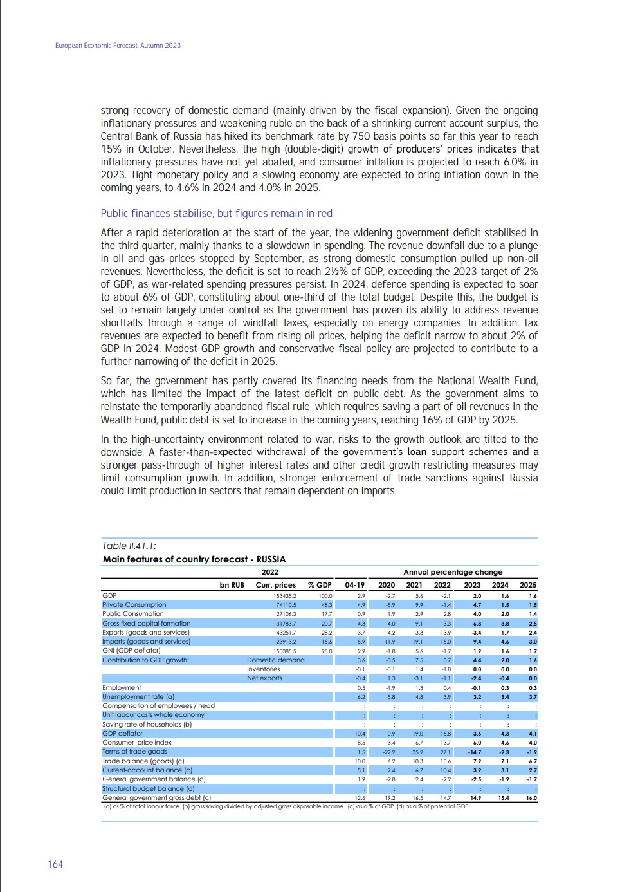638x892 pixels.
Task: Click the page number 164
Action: (x=55, y=864)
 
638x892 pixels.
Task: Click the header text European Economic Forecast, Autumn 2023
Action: (x=118, y=46)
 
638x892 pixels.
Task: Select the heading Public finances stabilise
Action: (x=216, y=213)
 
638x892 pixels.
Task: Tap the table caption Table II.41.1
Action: (x=129, y=546)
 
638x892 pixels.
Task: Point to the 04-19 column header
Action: (x=354, y=585)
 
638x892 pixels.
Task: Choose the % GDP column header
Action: (x=320, y=585)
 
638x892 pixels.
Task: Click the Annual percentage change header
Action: (x=452, y=572)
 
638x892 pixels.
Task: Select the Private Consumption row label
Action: (x=134, y=604)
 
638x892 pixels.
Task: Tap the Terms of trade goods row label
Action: (x=134, y=752)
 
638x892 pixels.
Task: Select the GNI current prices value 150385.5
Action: (x=285, y=651)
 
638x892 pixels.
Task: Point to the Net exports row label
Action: (x=264, y=678)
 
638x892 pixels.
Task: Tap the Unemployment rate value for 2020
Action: (x=390, y=696)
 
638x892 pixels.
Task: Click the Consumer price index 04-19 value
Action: (x=360, y=743)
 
